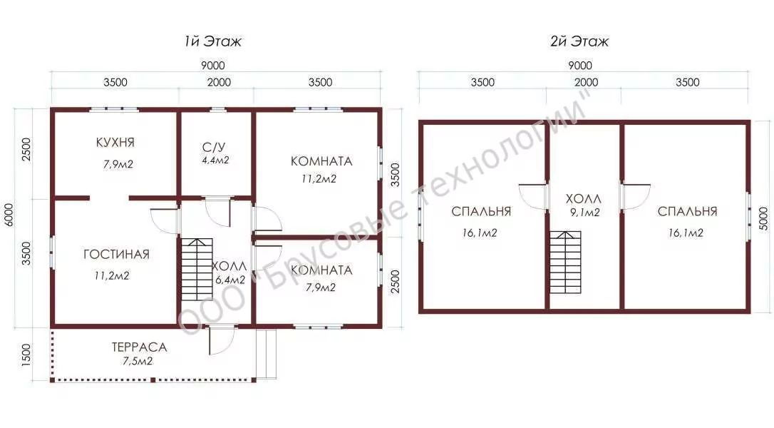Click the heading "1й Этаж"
coord(213,41)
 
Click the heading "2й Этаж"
coord(579,41)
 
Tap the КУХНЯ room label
coord(115,143)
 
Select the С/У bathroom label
coord(215,147)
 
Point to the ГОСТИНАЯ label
coord(116,255)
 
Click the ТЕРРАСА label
coord(139,347)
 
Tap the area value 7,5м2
coord(138,361)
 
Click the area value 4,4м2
coord(215,160)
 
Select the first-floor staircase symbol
coord(197,270)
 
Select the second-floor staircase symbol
coord(566,262)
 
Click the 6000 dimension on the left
coord(9,215)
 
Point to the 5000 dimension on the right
coord(763,220)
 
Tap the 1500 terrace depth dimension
coord(26,355)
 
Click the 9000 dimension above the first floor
coord(213,65)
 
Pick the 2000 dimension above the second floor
coord(586,82)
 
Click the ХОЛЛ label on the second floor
coord(584,199)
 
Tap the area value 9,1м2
coord(585,213)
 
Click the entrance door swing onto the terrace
coord(222,340)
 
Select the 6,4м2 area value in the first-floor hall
coord(230,280)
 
